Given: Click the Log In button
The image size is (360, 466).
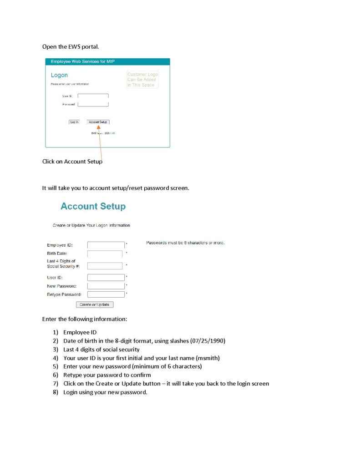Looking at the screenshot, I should pos(74,122).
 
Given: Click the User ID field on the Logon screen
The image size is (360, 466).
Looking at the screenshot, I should pos(93,96).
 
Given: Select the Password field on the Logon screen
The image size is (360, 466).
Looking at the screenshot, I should pos(93,104).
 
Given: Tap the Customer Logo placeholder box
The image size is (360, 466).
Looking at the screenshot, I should pos(142,80).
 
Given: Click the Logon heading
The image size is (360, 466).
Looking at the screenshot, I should pos(59,75).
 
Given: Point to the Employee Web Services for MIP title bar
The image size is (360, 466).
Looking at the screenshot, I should pos(107,61).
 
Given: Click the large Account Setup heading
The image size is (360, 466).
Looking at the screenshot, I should pos(93,207).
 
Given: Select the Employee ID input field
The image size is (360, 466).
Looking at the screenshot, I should pos(106,245).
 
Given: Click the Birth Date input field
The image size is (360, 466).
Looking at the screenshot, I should pos(105,254).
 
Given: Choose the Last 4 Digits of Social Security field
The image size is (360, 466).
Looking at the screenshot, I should pos(105,266).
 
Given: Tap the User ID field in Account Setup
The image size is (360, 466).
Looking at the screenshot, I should pos(106,277).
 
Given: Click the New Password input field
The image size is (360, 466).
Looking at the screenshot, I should pos(106,286).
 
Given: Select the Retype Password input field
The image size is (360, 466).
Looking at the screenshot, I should pos(106,294).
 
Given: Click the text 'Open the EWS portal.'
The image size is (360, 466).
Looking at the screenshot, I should pos(70,47).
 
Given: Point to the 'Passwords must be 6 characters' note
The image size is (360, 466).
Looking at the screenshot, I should pos(185,243).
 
